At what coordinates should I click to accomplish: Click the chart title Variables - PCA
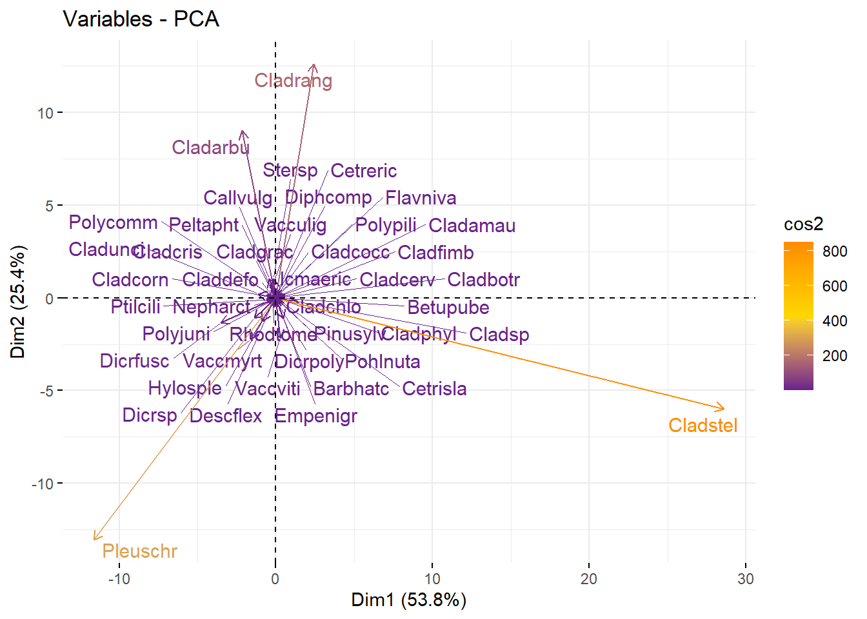coord(141,19)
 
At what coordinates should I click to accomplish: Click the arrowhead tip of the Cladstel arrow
coord(724,409)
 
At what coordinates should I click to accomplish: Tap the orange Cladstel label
coord(703,426)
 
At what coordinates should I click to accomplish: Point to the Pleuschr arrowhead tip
coord(94,539)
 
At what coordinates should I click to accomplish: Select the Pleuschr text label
coord(139,551)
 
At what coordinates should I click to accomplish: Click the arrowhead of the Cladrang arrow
coord(314,65)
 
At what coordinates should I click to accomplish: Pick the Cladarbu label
coord(210,148)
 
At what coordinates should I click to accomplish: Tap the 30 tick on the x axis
coord(745,579)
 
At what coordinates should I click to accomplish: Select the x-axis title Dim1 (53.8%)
coord(408,600)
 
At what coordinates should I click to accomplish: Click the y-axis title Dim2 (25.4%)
coord(18,301)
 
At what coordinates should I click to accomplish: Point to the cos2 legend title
coord(803,224)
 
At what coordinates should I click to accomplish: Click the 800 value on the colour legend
coord(835,251)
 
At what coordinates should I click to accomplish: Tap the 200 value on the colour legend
coord(835,356)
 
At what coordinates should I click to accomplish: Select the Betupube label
coord(448,308)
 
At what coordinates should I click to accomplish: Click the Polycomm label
coord(113,222)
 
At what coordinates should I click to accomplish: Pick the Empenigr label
coord(316,417)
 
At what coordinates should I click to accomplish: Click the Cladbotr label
coord(483,280)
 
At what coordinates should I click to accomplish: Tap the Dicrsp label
coord(150,415)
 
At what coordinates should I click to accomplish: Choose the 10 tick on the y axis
coord(45,113)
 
